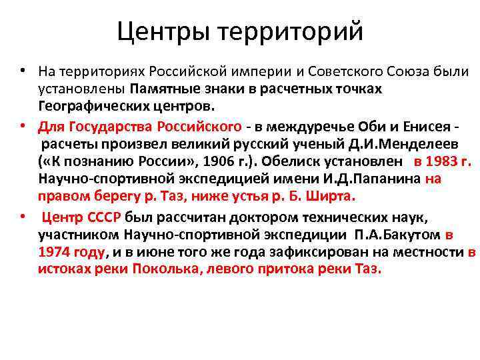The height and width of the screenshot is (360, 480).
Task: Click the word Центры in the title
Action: (164, 31)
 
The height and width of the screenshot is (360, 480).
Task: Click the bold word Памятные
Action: (158, 89)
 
